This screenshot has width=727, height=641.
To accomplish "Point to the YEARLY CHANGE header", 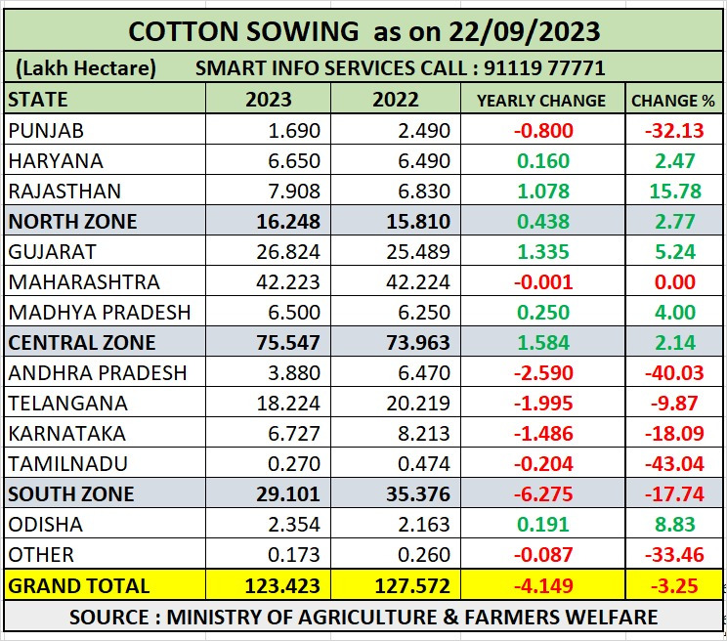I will (x=541, y=100).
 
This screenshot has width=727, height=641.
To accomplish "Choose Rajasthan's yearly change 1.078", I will (x=545, y=191).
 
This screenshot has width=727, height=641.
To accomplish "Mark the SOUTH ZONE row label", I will (x=71, y=494).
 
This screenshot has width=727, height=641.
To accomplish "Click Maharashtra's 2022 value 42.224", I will (x=418, y=282).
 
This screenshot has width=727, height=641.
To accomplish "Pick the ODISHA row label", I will (x=45, y=525).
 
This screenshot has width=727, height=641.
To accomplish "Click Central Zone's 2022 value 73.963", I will (x=416, y=343).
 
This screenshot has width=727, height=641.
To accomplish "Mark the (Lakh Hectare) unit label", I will (x=86, y=68).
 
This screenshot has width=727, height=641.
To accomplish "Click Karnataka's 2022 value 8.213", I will (x=424, y=434).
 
